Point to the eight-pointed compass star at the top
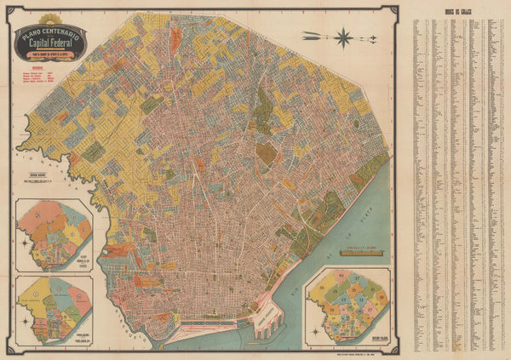tap(344, 36)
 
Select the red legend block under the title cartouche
tap(43, 77)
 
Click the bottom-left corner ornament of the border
tap(11, 348)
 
